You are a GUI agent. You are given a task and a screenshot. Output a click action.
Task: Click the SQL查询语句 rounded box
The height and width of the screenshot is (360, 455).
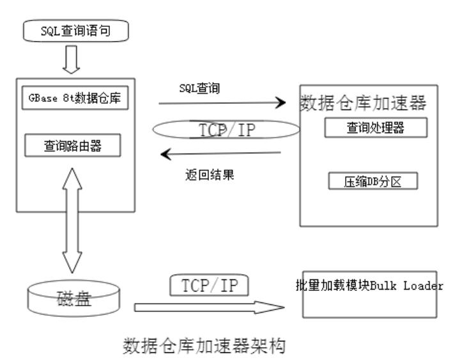click(76, 31)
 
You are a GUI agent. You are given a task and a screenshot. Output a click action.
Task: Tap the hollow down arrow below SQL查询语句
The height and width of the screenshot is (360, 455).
click(71, 59)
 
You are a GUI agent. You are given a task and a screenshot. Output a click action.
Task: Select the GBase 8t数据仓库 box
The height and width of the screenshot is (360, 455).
click(75, 98)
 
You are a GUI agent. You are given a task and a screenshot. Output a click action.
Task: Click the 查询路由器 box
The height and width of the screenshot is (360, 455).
click(73, 145)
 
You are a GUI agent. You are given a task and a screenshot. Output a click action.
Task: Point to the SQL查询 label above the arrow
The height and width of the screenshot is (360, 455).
click(199, 88)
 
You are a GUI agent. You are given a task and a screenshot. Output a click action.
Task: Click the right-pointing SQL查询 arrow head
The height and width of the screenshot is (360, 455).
click(281, 102)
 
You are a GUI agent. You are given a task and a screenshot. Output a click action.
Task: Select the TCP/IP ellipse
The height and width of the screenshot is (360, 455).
click(226, 129)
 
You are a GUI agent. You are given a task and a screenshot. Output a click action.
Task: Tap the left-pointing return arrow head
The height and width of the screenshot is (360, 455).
click(166, 154)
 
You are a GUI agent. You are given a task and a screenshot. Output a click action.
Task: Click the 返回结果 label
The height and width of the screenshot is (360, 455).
click(210, 175)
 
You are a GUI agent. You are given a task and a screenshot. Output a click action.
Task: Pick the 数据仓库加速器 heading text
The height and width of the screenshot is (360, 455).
click(363, 103)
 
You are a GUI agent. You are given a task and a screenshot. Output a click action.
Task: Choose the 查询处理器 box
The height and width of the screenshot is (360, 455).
click(376, 127)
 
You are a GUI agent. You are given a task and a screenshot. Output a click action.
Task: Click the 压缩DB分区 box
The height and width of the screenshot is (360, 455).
click(373, 181)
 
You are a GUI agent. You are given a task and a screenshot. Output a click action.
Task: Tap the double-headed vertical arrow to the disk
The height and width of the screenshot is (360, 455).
click(72, 221)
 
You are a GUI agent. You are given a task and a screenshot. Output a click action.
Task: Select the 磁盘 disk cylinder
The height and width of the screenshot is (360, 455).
click(73, 299)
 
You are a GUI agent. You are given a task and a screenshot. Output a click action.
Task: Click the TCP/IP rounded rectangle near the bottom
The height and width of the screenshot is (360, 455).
click(209, 285)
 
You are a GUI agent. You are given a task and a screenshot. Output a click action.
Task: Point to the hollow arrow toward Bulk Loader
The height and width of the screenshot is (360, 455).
click(209, 308)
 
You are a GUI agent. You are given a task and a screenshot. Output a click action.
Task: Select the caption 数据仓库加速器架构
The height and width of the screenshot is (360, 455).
click(204, 345)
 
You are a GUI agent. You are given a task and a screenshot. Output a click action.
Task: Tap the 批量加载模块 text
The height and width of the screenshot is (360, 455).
click(333, 285)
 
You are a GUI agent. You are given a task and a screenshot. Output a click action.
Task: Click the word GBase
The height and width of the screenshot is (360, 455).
click(43, 98)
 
